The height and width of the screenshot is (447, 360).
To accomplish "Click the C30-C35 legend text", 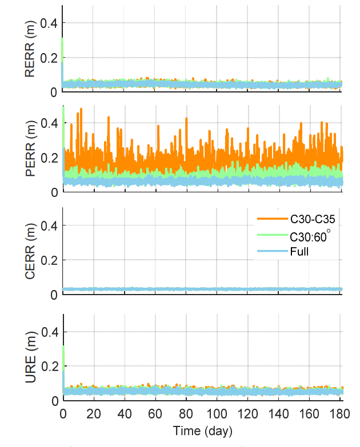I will point(306,218).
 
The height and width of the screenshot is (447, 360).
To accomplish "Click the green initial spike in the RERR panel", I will point(62,49).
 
